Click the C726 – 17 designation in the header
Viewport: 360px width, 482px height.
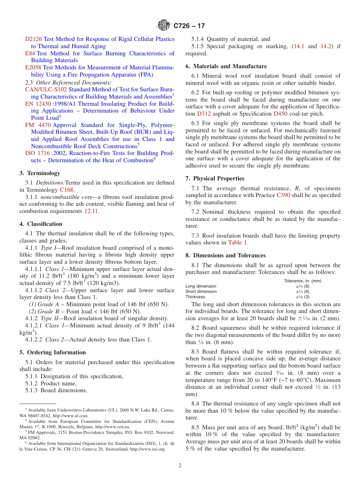189,26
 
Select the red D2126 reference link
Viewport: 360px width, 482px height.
34,39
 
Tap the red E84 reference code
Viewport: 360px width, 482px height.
30,53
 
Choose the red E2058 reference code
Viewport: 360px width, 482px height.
33,68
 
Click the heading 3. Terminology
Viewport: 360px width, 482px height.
40,173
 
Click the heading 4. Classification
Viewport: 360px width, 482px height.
41,224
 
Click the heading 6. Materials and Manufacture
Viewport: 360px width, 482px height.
226,66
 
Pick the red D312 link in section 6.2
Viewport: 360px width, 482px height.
202,114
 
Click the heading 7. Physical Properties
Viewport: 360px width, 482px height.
215,178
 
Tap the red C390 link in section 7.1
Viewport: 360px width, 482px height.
283,196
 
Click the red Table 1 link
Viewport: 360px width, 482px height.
238,243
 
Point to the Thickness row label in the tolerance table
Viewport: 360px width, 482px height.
195,297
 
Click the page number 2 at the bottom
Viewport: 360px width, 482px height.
180,466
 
